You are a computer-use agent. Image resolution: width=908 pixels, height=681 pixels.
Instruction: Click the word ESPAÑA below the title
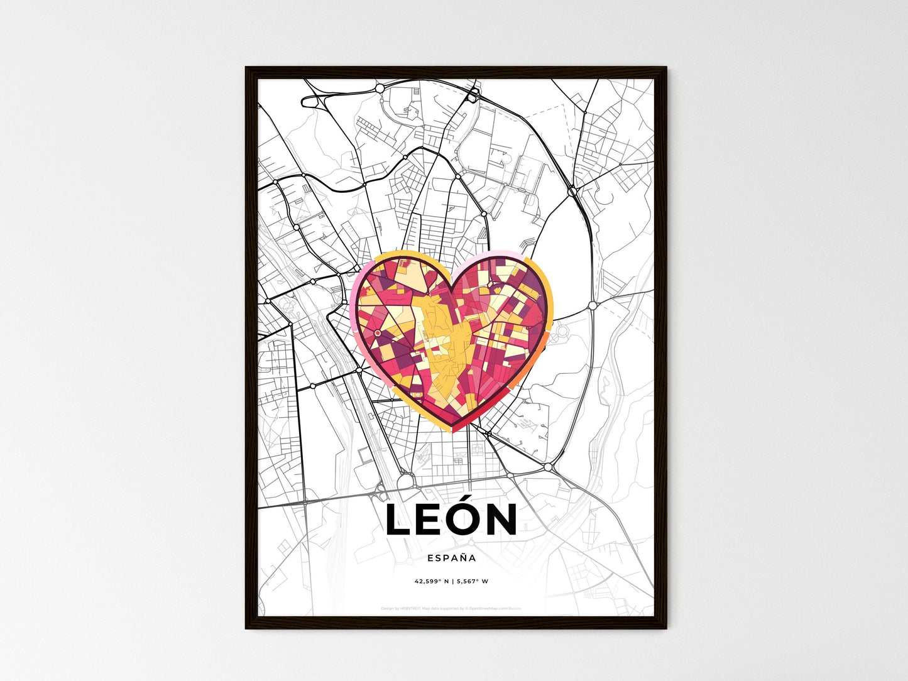(x=451, y=558)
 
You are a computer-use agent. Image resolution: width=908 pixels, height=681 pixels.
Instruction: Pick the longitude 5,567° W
(x=473, y=581)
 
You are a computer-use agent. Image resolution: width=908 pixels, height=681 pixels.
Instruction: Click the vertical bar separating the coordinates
(x=452, y=581)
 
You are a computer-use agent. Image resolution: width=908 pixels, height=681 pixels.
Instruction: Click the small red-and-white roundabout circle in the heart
(x=377, y=332)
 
